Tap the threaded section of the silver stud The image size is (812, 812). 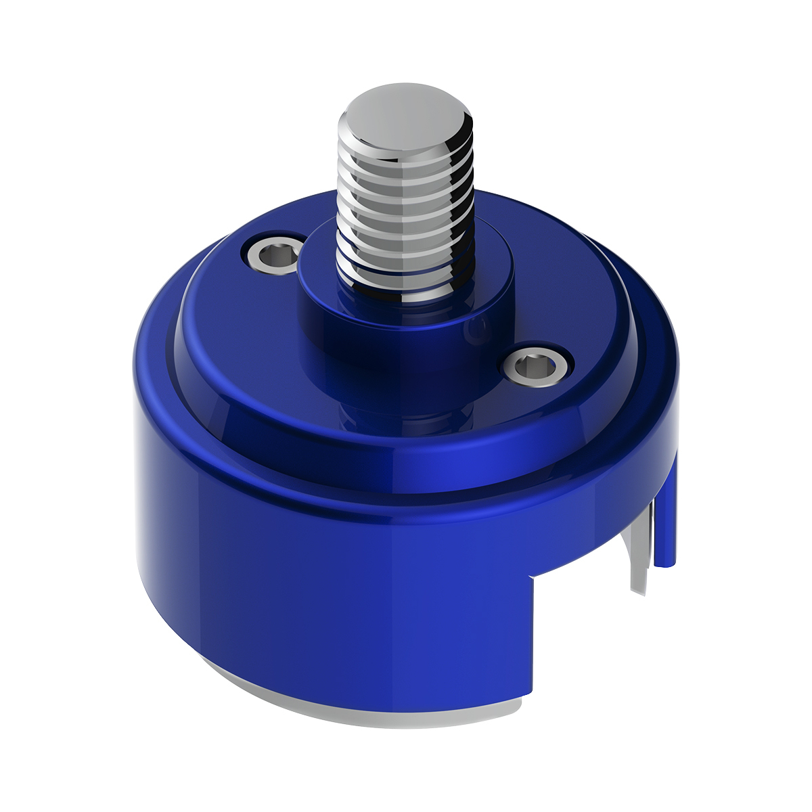tap(405, 203)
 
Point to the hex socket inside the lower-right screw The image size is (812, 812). tap(536, 367)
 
